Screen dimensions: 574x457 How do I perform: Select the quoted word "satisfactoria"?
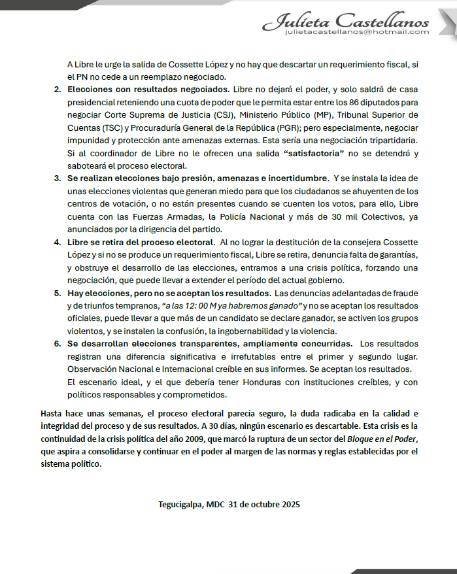pos(313,154)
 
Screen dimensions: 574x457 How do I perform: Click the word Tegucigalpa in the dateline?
pos(180,505)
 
